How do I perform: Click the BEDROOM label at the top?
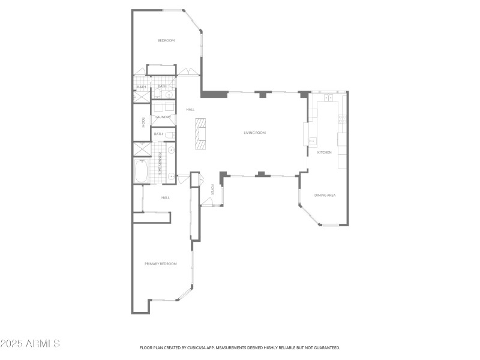pos(166,40)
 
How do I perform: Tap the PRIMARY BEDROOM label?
pos(161,263)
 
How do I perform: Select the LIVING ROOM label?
pos(254,133)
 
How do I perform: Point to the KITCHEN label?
pos(324,152)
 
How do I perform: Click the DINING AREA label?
pos(325,195)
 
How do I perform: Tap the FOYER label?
pos(213,190)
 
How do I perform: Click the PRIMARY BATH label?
pos(160,163)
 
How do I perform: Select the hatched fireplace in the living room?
pos(200,133)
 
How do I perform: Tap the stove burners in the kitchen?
pos(328,97)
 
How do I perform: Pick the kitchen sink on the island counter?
pos(313,142)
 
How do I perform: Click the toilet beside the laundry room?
pos(169,135)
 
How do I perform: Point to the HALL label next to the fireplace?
pos(190,109)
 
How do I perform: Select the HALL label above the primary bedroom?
pos(166,197)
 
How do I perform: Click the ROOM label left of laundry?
pos(143,122)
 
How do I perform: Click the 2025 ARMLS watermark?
pos(30,344)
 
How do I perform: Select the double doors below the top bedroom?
pos(189,73)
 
